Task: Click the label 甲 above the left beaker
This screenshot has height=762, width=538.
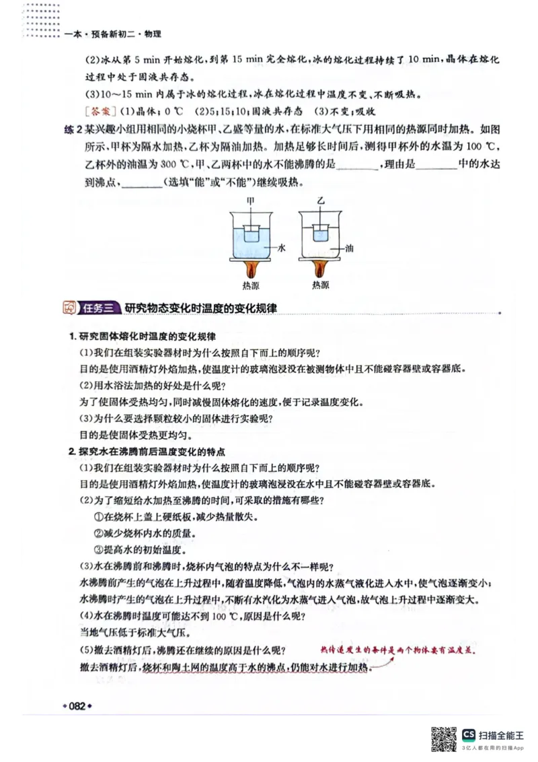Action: click(x=250, y=201)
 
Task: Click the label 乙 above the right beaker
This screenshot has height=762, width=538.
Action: click(x=321, y=201)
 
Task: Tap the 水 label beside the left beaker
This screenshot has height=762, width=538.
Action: click(x=282, y=248)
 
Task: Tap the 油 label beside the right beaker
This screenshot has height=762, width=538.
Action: click(x=349, y=248)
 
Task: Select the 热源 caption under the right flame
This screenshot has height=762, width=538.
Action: click(x=320, y=285)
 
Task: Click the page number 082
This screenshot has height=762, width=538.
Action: click(x=76, y=706)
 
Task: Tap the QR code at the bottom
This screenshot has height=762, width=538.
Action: click(x=443, y=738)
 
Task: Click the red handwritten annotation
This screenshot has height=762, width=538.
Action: click(x=397, y=652)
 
